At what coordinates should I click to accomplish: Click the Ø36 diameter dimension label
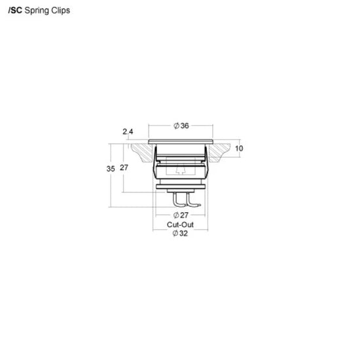(x=181, y=126)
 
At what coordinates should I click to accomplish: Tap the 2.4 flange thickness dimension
(x=128, y=132)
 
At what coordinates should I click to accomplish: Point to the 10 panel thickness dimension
(x=239, y=149)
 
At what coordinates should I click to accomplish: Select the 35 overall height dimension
(x=111, y=169)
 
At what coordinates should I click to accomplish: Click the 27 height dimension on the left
(x=124, y=168)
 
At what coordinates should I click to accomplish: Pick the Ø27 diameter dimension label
(x=181, y=215)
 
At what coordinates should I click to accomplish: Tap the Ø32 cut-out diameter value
(x=180, y=234)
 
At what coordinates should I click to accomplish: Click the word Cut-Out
(x=180, y=225)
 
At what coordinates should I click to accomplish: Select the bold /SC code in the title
(x=15, y=10)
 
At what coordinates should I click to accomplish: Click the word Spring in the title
(x=37, y=11)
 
